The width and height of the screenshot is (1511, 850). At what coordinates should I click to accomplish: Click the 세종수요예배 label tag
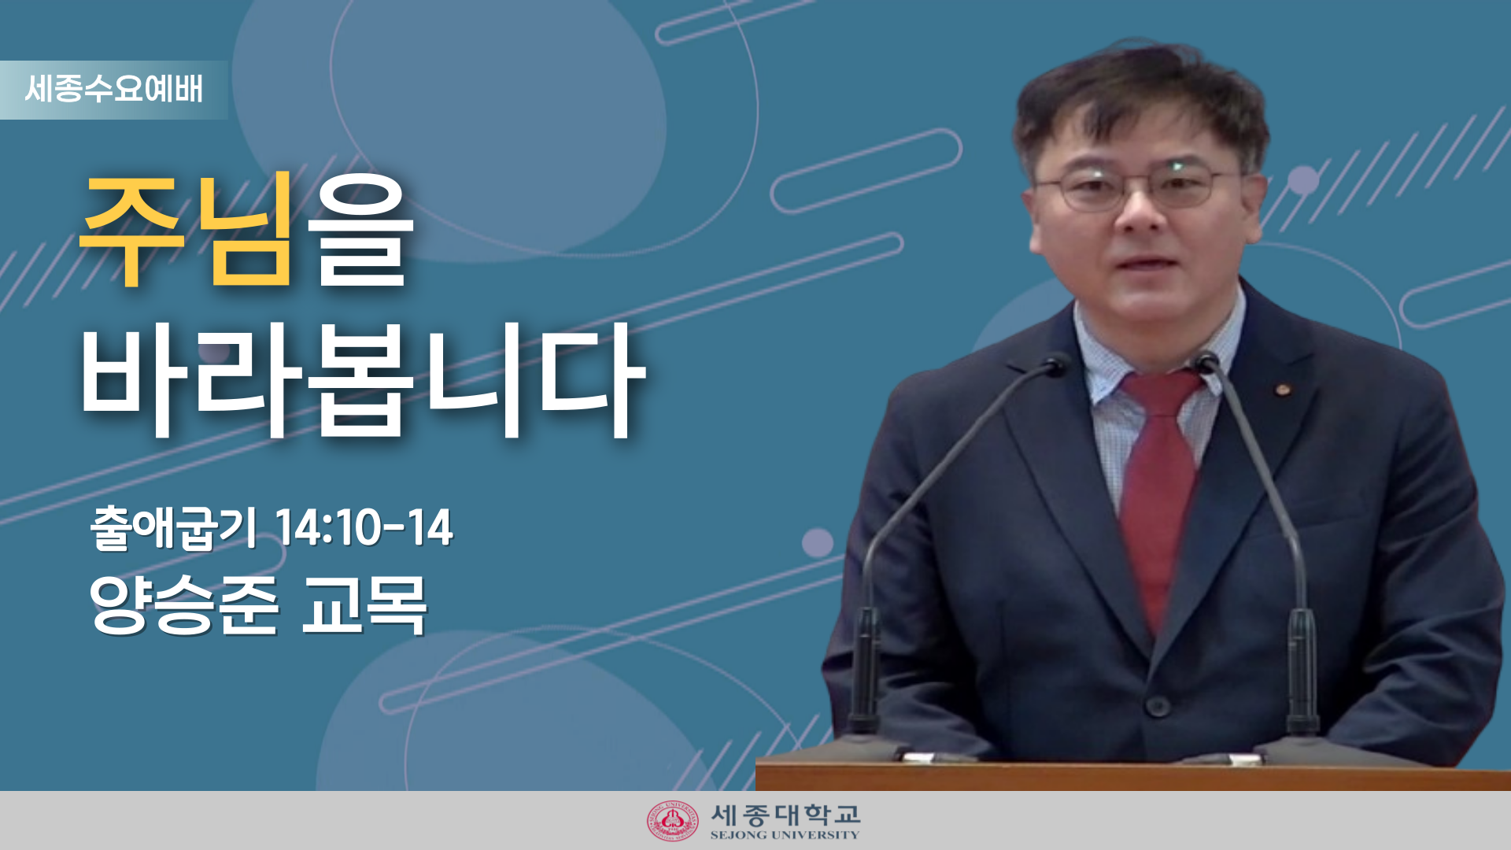point(113,90)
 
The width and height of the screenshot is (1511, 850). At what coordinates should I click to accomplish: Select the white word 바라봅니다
point(363,380)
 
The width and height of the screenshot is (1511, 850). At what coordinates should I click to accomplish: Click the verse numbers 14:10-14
point(364,527)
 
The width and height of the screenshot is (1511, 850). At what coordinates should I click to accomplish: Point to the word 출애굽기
point(174,527)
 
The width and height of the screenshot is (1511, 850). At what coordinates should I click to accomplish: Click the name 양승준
point(184,604)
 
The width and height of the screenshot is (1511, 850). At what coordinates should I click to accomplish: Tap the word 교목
point(364,604)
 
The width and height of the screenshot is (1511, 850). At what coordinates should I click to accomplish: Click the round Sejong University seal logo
point(672,821)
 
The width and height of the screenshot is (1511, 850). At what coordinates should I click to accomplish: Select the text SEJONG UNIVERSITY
point(785,835)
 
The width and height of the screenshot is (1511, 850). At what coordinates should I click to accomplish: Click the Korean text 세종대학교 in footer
point(785,814)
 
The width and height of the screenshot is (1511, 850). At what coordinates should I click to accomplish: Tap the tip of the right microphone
point(1206,361)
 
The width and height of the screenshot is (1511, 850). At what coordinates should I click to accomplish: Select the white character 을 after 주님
point(360,229)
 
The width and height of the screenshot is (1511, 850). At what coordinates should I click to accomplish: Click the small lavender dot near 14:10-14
point(818,543)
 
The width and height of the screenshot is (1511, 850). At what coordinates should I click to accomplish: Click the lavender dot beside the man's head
point(1302,180)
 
